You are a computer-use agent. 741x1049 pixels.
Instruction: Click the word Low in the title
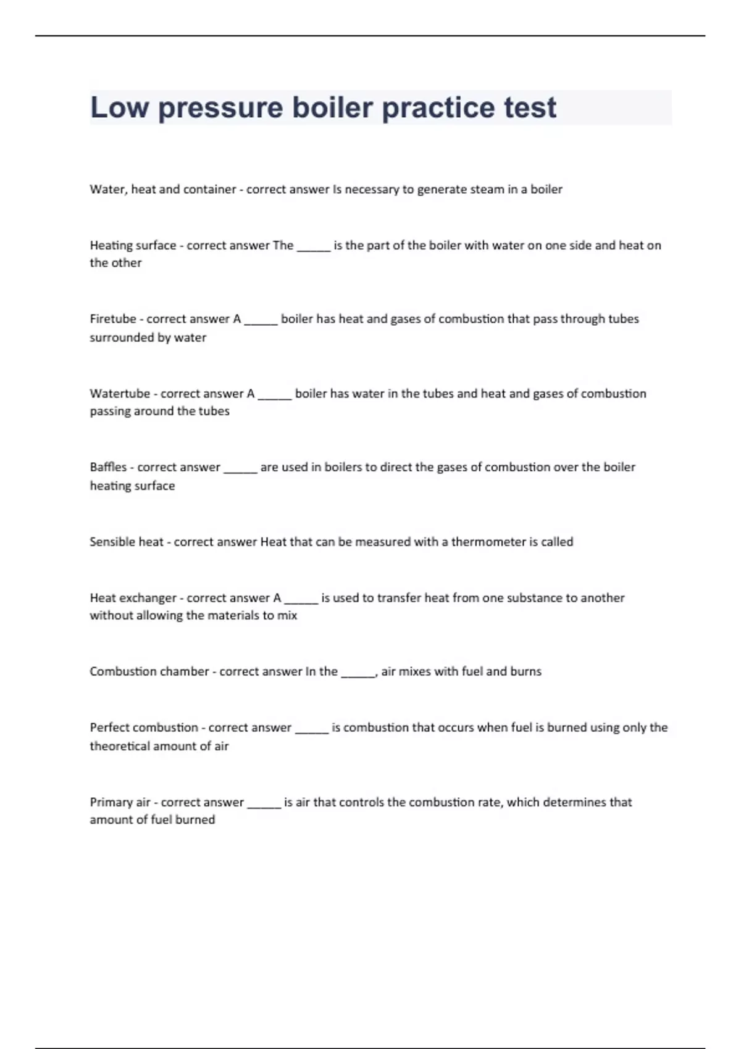tap(120, 108)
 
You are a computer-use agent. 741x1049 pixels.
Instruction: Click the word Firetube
tap(113, 319)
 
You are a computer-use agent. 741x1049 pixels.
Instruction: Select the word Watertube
tap(120, 394)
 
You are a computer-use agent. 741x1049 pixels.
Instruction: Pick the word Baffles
tap(108, 467)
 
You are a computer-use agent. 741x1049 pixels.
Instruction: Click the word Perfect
tap(109, 728)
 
